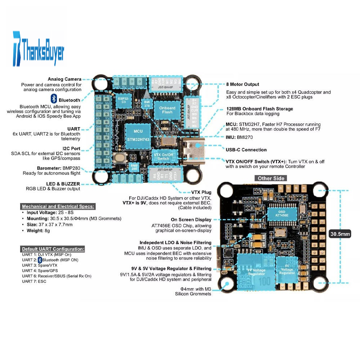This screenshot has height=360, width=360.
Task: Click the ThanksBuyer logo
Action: (38, 49)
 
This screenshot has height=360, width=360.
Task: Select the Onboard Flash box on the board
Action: (167, 110)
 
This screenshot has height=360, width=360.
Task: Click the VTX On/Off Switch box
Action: (163, 156)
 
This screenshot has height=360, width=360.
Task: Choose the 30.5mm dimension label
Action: (340, 234)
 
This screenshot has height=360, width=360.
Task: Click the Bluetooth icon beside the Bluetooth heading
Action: (54, 99)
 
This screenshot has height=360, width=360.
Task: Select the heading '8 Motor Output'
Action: (243, 84)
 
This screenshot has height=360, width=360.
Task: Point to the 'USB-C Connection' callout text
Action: (246, 150)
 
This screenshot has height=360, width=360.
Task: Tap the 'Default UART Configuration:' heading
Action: (53, 249)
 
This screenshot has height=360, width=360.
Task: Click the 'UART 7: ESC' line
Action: (34, 281)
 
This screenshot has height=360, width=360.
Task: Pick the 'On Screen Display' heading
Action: (191, 220)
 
